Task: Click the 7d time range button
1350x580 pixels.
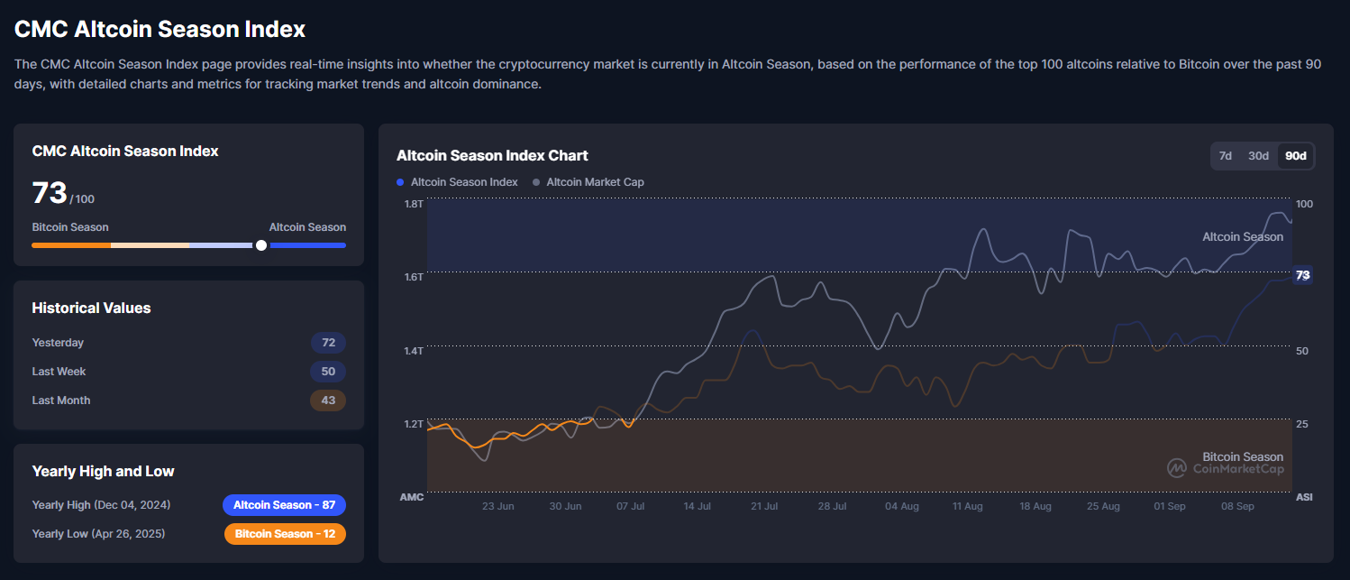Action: tap(1226, 156)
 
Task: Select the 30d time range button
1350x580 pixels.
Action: tap(1258, 156)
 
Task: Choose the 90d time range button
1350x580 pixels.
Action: tap(1296, 156)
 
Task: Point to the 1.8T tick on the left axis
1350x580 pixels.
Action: tap(414, 204)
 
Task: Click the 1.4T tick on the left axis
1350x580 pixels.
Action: tap(414, 350)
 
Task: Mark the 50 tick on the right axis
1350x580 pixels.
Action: tap(1303, 350)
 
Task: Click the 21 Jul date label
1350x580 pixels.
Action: tap(764, 507)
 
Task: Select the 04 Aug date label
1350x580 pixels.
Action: tap(902, 507)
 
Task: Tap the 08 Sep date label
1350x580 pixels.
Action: tap(1237, 507)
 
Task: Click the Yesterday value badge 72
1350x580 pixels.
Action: tap(328, 343)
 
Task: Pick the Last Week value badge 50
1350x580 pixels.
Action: tap(328, 372)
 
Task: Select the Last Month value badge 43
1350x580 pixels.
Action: tap(328, 400)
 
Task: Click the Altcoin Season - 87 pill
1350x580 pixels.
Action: tap(284, 505)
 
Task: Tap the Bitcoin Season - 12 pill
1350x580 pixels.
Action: tap(285, 534)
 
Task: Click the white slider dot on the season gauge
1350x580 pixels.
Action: tap(261, 245)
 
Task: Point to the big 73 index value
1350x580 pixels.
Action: tap(50, 193)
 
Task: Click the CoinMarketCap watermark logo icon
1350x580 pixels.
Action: tap(1177, 467)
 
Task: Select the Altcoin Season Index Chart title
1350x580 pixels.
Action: tap(492, 155)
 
